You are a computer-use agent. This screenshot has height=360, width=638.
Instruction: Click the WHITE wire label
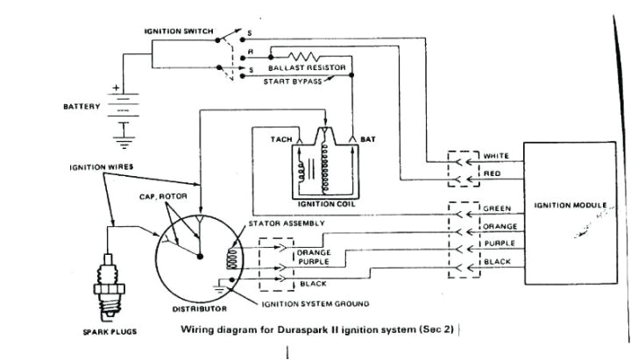coord(497,158)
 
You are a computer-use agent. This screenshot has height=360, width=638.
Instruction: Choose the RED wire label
coord(492,174)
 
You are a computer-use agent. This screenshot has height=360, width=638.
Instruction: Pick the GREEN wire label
coord(497,208)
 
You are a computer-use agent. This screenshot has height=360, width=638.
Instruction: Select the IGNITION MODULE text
coord(569,206)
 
